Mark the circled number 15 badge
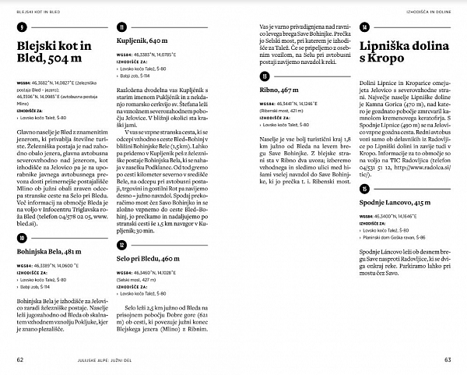[364, 188]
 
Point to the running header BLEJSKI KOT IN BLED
[40, 12]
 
